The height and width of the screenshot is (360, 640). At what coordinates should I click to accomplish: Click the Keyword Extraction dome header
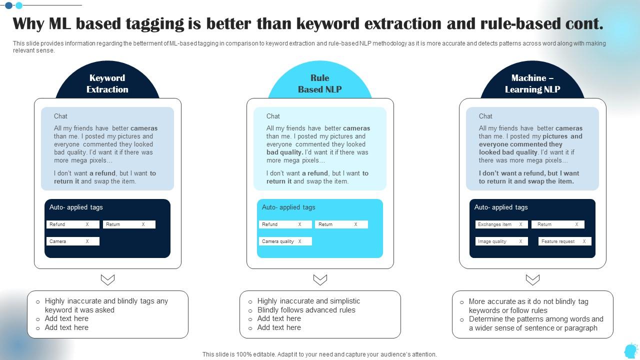click(107, 83)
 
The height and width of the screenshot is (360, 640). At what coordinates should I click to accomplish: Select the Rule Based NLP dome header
click(320, 83)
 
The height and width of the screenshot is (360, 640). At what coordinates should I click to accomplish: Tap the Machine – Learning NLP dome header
click(532, 83)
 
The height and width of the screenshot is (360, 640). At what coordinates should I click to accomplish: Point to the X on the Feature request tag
click(584, 241)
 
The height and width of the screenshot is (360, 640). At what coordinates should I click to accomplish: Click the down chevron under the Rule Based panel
click(320, 279)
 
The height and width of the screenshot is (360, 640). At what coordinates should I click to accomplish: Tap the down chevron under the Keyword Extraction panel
click(107, 279)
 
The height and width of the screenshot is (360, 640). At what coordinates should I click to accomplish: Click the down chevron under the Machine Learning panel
click(532, 279)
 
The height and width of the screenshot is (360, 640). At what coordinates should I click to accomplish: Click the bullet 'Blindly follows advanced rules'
click(306, 310)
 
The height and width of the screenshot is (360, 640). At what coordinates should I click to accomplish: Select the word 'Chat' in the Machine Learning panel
click(485, 116)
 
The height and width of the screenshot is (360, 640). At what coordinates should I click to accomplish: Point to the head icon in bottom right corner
click(630, 350)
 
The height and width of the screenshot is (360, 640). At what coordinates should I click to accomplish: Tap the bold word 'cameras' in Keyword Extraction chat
click(144, 128)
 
